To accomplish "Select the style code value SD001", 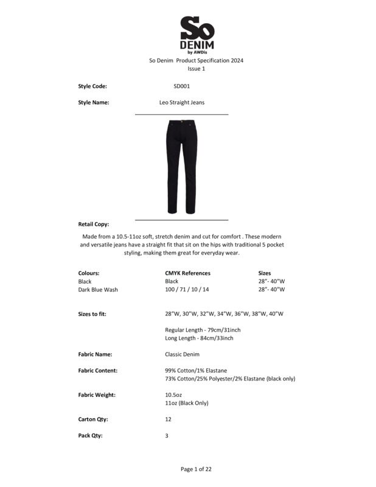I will coord(181,86).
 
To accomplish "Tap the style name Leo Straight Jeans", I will coord(181,102).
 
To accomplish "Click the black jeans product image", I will coord(181,166).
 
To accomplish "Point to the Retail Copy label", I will coord(94,224).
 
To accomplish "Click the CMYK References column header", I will coord(187,273).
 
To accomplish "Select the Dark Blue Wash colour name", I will coord(98,290).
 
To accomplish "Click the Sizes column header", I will coord(265,273).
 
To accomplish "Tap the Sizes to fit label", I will coord(96,314).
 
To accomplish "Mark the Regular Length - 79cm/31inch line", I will coord(198,329).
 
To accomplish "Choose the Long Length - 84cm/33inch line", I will coord(198,338).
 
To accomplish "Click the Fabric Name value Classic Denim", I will coord(182,354).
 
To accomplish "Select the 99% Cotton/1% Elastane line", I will coord(196,370).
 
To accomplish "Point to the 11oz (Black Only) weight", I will coord(187,403).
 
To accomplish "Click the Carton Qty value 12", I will coord(168,419).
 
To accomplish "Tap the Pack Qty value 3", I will coord(167,436).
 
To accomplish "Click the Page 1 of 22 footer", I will coord(196,469).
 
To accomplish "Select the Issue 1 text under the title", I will coord(196,69).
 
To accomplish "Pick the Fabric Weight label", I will coord(97,395).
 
